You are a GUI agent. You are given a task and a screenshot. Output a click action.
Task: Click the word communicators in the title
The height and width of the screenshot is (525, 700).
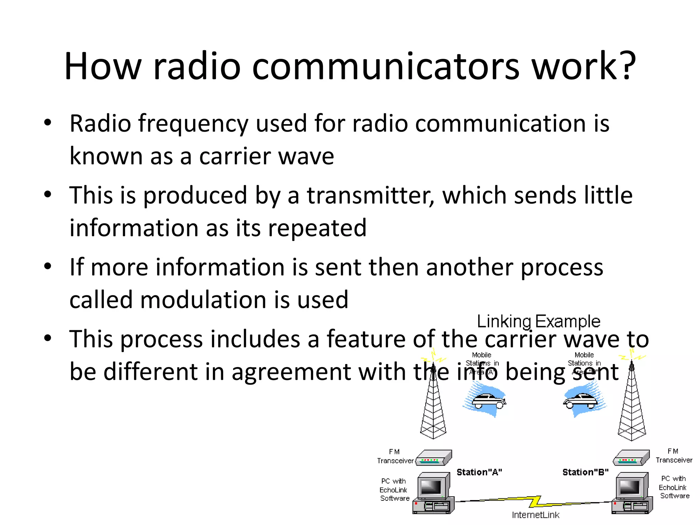386,66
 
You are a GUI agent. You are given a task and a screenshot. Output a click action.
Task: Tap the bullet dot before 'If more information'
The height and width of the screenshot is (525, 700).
48,266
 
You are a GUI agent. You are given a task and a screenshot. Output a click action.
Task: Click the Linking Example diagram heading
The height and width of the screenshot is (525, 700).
538,321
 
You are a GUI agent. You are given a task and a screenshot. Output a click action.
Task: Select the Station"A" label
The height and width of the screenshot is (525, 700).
479,472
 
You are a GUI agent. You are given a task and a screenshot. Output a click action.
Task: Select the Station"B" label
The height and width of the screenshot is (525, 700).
585,472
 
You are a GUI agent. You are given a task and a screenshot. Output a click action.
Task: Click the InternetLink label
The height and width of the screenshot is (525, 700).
535,515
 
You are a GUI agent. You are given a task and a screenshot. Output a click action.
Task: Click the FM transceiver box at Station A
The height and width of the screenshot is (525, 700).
433,458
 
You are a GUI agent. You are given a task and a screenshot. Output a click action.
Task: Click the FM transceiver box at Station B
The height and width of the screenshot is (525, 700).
631,458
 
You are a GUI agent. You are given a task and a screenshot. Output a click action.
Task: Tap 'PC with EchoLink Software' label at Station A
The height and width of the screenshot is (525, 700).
394,490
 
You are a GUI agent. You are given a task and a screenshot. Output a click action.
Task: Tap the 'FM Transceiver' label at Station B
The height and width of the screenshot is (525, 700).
673,456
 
